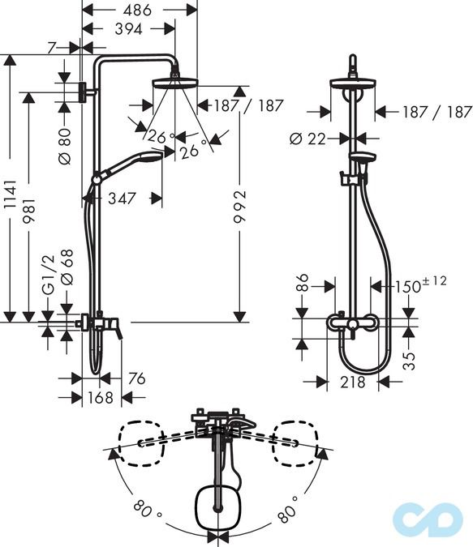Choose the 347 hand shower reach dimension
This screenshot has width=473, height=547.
118,197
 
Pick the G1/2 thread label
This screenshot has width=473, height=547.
49,279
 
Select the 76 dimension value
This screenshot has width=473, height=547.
135,378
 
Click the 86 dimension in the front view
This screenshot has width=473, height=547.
302,284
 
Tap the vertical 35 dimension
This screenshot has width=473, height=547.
411,356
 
